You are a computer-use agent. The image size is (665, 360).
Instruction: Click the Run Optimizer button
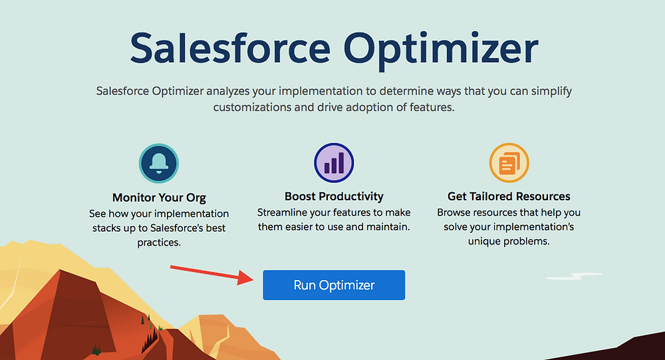(x=334, y=285)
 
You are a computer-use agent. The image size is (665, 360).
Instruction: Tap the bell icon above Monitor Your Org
(x=159, y=164)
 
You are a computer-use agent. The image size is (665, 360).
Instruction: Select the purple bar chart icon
(x=334, y=162)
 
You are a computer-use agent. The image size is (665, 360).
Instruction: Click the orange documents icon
(x=509, y=162)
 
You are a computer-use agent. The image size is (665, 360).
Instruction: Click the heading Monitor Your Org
(x=159, y=198)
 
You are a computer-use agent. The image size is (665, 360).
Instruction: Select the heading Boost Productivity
(x=334, y=196)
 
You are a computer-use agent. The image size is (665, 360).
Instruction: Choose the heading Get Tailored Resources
(x=509, y=196)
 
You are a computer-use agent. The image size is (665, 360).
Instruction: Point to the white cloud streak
(x=574, y=276)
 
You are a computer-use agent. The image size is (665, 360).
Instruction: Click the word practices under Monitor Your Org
(x=159, y=243)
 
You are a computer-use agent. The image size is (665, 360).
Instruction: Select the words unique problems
(x=509, y=242)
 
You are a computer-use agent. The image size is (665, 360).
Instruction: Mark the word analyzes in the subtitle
(x=228, y=91)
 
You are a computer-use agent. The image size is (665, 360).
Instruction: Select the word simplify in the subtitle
(x=551, y=92)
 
